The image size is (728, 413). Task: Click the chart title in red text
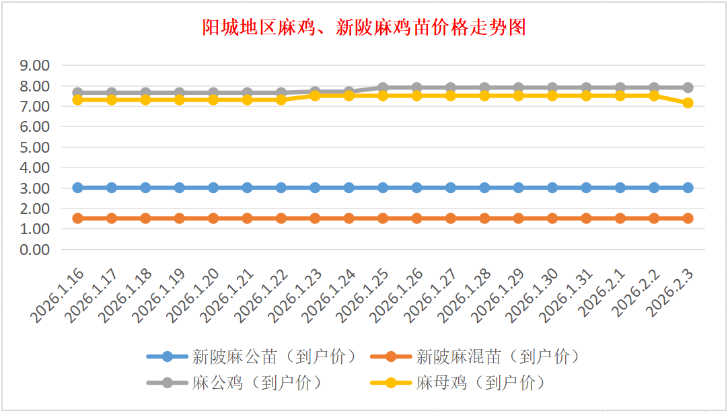point(364,28)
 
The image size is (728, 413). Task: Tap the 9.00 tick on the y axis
point(36,66)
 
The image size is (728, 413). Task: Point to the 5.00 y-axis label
point(36,147)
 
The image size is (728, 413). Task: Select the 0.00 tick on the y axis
point(36,250)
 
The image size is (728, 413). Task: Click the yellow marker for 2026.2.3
point(688,103)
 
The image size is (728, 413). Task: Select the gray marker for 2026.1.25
point(383,87)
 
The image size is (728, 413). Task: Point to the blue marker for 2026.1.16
point(78,188)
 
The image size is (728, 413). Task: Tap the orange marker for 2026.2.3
point(688,218)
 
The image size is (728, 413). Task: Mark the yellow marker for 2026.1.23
point(315,96)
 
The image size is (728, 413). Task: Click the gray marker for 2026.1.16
point(78,93)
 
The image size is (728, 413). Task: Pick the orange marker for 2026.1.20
point(213,218)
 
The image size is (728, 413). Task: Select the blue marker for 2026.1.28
point(484,188)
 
